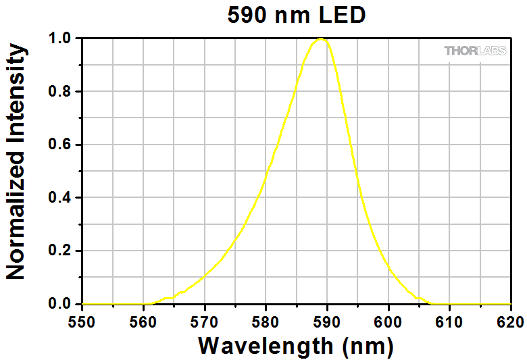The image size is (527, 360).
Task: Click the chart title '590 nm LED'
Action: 297,15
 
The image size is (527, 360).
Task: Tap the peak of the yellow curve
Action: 321,38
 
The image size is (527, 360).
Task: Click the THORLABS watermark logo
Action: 475,51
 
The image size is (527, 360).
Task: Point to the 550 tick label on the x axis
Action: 82,322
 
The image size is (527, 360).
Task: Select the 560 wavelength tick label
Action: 143,322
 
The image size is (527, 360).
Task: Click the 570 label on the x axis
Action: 204,322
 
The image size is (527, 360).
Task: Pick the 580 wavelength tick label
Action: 265,322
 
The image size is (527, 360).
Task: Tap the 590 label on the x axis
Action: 326,322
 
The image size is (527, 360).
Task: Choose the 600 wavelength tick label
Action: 388,322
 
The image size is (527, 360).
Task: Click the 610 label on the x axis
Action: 449,322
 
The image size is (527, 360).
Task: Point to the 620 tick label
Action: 510,322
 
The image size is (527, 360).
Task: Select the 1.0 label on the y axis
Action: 60,38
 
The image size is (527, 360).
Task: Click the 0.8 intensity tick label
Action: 60,91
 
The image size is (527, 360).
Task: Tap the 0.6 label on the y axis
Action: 60,145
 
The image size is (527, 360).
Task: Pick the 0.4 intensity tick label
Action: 60,198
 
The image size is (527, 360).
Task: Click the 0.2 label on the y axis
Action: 60,251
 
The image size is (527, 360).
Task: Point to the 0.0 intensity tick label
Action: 60,304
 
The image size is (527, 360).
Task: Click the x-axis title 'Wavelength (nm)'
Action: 296,346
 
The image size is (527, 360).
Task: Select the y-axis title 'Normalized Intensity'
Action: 16,161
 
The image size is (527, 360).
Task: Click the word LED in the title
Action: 342,15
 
